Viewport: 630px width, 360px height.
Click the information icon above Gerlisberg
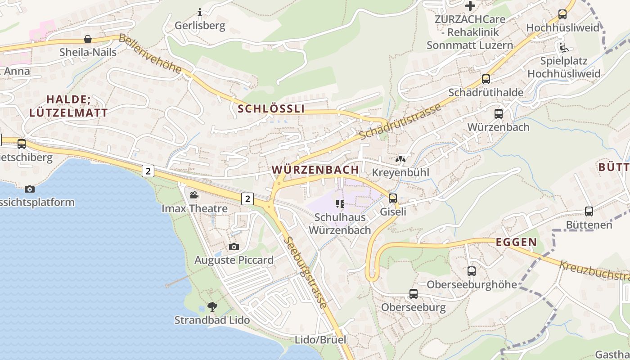(x=200, y=12)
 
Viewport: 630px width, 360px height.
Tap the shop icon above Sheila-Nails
(x=88, y=39)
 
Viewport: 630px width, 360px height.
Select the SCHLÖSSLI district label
(x=271, y=108)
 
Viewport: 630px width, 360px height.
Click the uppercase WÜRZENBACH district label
(x=315, y=170)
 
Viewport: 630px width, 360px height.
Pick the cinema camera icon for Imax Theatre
(x=194, y=195)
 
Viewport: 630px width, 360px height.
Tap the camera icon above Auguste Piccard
(x=234, y=247)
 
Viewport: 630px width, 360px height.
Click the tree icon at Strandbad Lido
(x=212, y=307)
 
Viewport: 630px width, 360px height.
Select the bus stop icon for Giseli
(x=393, y=198)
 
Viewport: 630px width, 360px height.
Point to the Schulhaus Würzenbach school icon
(x=340, y=204)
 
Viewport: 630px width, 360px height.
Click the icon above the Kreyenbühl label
(x=400, y=159)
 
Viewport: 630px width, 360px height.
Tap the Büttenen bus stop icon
(x=589, y=211)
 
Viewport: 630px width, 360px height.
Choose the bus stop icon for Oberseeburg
(x=413, y=294)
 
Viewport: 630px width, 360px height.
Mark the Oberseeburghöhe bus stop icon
(x=471, y=271)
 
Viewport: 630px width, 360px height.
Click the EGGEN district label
(x=516, y=242)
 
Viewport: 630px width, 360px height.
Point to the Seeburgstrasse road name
(x=306, y=273)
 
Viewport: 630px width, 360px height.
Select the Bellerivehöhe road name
(x=150, y=54)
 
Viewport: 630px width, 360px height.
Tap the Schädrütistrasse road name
(x=400, y=121)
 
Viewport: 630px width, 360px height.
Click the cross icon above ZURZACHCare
(x=470, y=6)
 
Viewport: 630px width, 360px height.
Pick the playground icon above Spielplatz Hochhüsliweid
(x=563, y=48)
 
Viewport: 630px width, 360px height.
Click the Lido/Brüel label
(x=320, y=339)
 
